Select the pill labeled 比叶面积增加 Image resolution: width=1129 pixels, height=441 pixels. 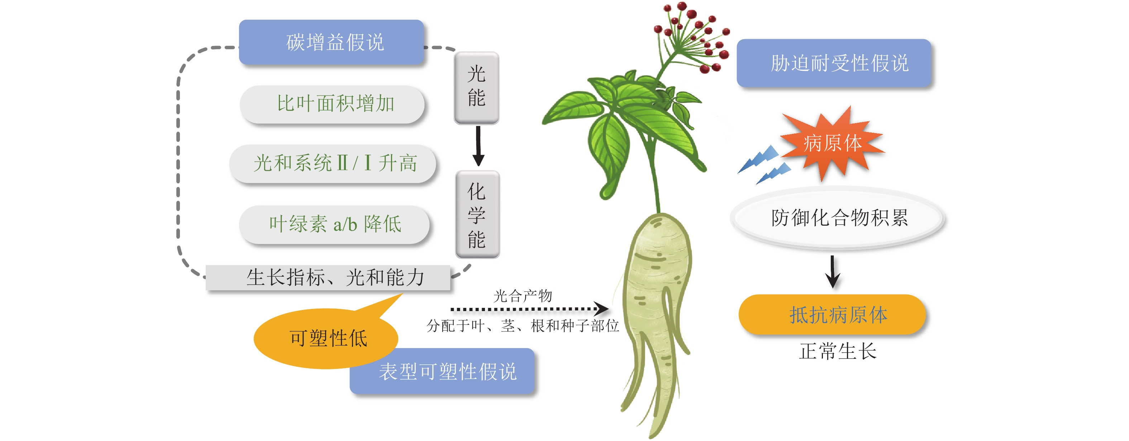coord(333,104)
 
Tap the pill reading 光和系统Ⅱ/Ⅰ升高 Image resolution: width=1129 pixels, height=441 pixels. coord(333,163)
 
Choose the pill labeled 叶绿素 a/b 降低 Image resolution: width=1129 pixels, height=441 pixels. coord(334,224)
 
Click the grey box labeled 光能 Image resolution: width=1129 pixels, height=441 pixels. coord(476,87)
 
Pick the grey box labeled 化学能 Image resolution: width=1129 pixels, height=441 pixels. coord(477,214)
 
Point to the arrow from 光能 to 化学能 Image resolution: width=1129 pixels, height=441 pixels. coord(478,146)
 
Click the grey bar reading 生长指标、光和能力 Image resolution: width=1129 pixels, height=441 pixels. coord(328,277)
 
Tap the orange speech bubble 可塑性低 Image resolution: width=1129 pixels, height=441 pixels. coord(326,338)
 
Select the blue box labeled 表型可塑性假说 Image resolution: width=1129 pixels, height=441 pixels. coord(443,371)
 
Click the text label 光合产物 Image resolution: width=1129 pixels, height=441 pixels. coord(523,296)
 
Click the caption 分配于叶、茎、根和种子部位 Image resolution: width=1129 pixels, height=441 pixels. coord(523,325)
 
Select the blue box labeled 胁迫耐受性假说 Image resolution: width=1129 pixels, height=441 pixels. coord(834,63)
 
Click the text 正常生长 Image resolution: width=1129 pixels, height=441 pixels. coord(837,351)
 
